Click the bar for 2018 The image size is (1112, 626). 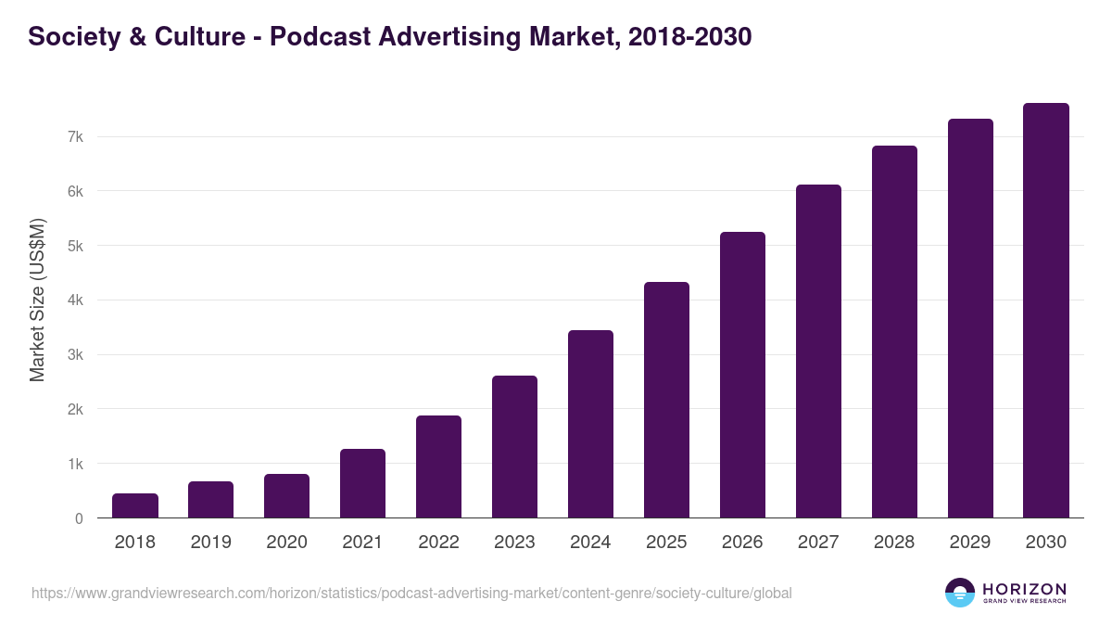[x=135, y=505]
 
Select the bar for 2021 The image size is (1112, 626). [x=362, y=483]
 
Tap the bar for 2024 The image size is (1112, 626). [x=590, y=424]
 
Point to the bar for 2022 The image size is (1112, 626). [x=438, y=466]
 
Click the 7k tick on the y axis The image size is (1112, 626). [x=75, y=137]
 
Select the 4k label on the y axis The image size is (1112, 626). [x=75, y=300]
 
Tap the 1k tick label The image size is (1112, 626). [x=75, y=464]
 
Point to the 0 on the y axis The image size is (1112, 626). [x=79, y=518]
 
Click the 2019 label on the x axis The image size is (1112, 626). [x=211, y=543]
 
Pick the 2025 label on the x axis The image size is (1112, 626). [x=666, y=543]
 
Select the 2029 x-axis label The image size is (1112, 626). [x=970, y=543]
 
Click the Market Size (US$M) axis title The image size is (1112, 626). [x=37, y=300]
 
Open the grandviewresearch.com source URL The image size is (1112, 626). [x=411, y=593]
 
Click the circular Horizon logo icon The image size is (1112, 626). [x=960, y=593]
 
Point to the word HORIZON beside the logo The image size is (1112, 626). [x=1024, y=589]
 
